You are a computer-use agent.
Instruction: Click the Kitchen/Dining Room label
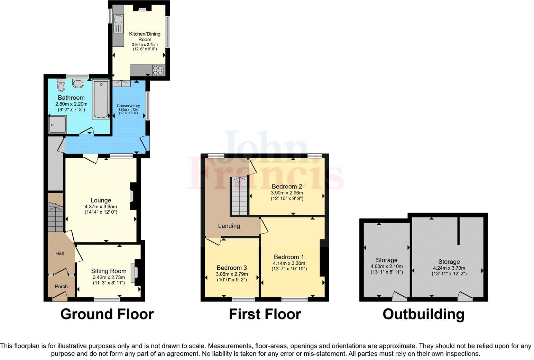pyautogui.click(x=145, y=36)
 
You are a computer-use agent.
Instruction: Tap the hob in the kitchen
pyautogui.click(x=158, y=70)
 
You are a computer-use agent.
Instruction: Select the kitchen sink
pyautogui.click(x=118, y=24)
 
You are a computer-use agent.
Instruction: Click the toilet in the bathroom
pyautogui.click(x=62, y=83)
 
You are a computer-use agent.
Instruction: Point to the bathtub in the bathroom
pyautogui.click(x=101, y=99)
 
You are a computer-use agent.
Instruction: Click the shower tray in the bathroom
pyautogui.click(x=57, y=124)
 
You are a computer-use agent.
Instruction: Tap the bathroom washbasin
pyautogui.click(x=79, y=83)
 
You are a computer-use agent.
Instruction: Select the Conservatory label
pyautogui.click(x=128, y=106)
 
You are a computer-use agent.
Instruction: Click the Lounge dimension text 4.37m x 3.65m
pyautogui.click(x=101, y=207)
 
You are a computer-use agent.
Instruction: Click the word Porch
pyautogui.click(x=61, y=287)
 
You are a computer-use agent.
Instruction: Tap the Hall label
pyautogui.click(x=59, y=254)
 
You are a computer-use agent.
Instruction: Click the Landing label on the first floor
pyautogui.click(x=229, y=226)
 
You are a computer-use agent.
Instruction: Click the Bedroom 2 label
pyautogui.click(x=287, y=187)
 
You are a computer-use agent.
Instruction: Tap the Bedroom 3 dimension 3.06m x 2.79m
pyautogui.click(x=232, y=274)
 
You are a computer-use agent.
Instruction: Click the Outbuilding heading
pyautogui.click(x=423, y=314)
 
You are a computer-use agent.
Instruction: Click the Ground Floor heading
pyautogui.click(x=107, y=314)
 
